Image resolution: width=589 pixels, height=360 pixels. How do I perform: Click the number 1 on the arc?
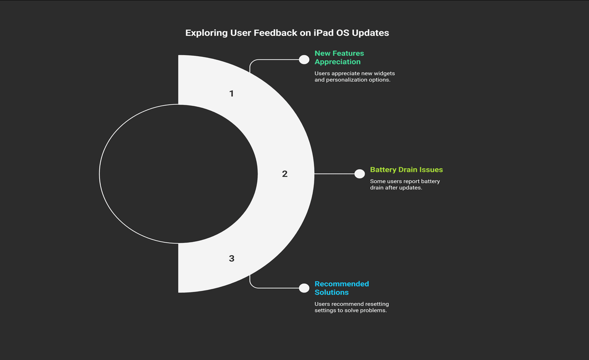coord(232,93)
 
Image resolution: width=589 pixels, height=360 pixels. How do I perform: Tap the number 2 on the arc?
coord(285,174)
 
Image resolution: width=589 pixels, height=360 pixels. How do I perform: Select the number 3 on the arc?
coord(232,258)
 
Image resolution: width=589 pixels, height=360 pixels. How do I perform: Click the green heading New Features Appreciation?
coord(339,57)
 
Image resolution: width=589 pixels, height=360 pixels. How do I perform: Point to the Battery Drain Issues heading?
coord(406,169)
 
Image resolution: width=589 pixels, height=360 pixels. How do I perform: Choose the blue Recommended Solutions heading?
coord(342,288)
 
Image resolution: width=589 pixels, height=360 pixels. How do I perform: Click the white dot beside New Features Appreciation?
coord(304,59)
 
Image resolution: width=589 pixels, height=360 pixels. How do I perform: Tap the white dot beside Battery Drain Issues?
coord(359,174)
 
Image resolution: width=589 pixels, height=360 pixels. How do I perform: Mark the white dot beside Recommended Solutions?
coord(304,288)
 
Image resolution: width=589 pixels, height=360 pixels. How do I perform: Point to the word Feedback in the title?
coord(276,33)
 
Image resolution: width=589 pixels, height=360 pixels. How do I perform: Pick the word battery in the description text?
coord(431,181)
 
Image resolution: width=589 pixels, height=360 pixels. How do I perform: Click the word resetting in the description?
coord(377,304)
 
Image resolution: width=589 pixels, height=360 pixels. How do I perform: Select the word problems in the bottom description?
coord(373,310)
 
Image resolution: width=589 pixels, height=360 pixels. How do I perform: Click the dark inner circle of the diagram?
coord(178,174)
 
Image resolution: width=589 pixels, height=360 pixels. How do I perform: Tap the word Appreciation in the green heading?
coord(337,62)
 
